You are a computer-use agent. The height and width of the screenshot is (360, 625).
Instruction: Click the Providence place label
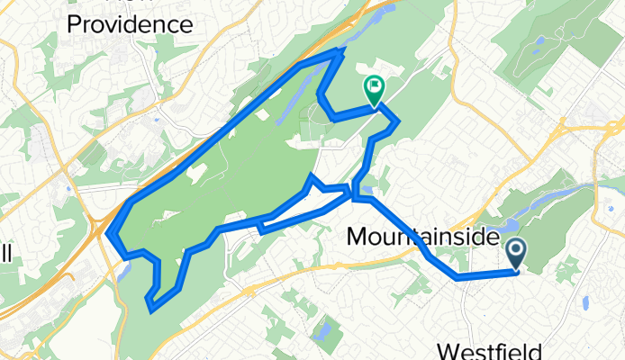131,23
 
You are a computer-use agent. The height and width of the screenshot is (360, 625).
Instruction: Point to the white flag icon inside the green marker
374,86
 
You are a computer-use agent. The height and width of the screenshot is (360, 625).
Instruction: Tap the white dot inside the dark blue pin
518,249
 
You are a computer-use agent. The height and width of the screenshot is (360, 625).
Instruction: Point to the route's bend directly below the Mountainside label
458,278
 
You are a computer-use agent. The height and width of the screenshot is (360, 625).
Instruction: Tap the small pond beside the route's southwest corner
123,270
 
